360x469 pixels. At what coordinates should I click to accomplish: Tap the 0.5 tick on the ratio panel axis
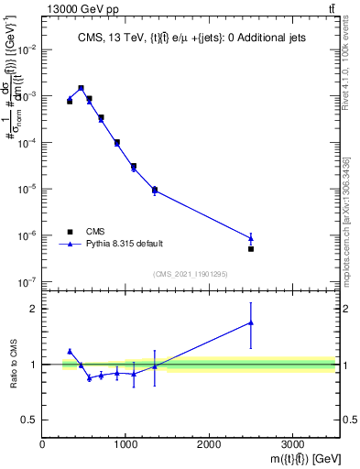click(x=29, y=420)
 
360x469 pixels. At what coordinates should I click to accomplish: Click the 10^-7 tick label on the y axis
click(x=25, y=282)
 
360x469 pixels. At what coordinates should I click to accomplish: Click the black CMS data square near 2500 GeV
click(x=251, y=248)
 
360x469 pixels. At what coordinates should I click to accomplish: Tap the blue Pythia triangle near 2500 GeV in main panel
click(x=251, y=238)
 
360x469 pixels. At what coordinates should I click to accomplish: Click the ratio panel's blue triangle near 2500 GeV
click(x=251, y=322)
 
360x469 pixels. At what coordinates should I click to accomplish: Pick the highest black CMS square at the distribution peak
click(x=82, y=88)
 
